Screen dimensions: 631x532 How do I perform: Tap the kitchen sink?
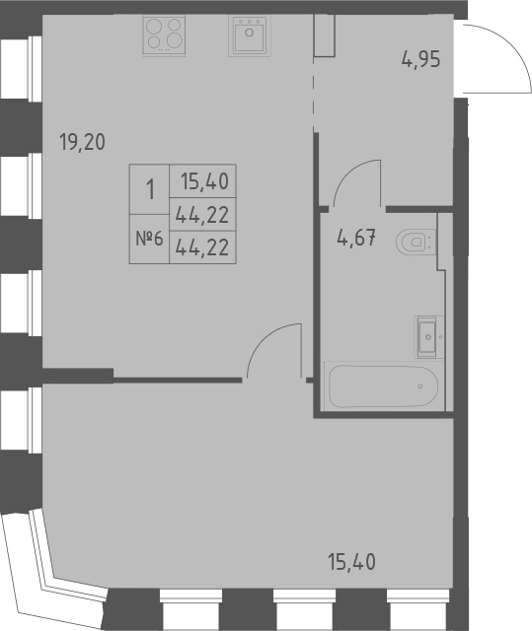(248, 35)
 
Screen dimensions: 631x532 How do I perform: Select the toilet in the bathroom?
(416, 241)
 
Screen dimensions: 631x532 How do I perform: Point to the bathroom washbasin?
(427, 335)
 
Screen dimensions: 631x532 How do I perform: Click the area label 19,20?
(81, 142)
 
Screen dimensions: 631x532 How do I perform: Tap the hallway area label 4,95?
(419, 58)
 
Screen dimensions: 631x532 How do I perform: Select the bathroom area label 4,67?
(355, 240)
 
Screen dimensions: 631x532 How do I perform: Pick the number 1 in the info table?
(150, 189)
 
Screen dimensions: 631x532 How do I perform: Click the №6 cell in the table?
(150, 240)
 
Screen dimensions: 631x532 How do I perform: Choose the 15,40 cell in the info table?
(204, 181)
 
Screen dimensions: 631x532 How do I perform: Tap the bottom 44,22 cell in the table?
(204, 247)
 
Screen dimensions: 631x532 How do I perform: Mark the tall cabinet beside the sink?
(325, 35)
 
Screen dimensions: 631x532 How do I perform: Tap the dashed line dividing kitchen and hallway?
(314, 94)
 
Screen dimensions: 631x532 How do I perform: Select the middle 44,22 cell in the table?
(204, 214)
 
